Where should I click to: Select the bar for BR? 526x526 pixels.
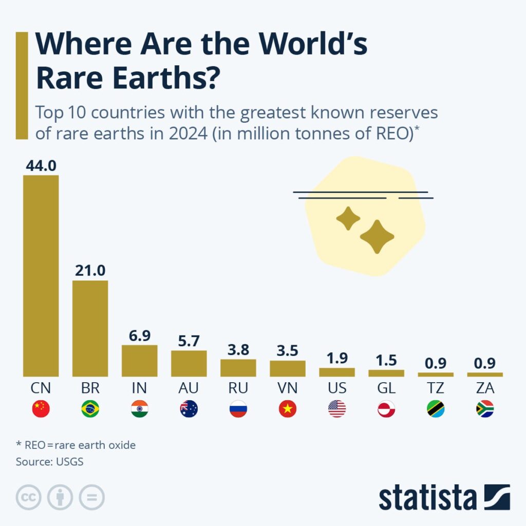[x=90, y=328]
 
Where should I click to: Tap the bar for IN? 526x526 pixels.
[x=140, y=361]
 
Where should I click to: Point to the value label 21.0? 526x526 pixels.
[x=90, y=271]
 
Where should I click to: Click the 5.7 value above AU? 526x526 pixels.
[x=189, y=341]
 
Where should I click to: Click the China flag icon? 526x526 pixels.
[x=41, y=409]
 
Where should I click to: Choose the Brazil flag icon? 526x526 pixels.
[x=90, y=409]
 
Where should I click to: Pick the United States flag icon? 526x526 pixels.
[x=337, y=409]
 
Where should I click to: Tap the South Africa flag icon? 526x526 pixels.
[x=485, y=409]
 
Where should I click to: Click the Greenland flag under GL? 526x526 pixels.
[x=386, y=409]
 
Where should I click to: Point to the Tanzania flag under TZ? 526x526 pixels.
[x=436, y=409]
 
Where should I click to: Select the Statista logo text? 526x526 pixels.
[x=427, y=498]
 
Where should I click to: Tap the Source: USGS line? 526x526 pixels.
[x=49, y=461]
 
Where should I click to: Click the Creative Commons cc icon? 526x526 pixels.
[x=29, y=497]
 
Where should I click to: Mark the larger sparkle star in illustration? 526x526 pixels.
[x=377, y=237]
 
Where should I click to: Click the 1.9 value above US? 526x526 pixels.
[x=337, y=359]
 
